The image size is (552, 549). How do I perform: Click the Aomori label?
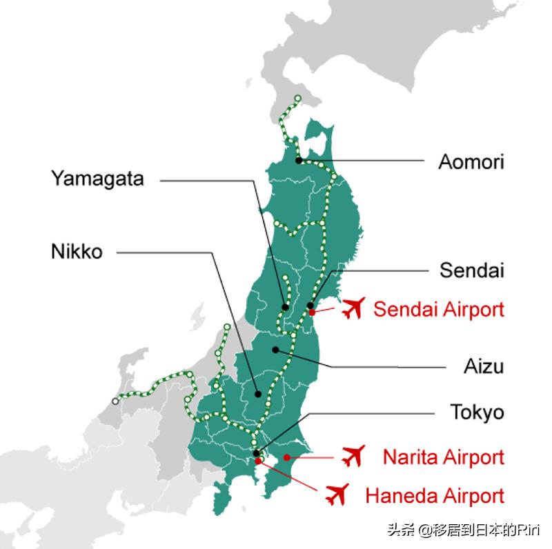[x=471, y=162]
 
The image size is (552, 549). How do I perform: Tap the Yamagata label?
[x=97, y=179]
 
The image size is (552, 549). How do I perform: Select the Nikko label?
[x=77, y=252]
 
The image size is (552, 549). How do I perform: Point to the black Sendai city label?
[x=472, y=270]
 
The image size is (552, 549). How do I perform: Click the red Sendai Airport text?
[x=439, y=309]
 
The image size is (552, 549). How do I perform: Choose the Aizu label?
[x=484, y=366]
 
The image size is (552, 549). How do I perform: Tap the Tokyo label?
[x=477, y=412]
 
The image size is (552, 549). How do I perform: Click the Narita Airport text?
[x=444, y=457]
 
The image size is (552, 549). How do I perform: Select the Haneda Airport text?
[x=435, y=495]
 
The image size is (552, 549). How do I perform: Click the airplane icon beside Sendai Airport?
[x=353, y=308]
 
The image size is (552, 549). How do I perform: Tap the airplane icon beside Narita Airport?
[x=353, y=455]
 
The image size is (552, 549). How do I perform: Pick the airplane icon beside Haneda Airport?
[x=336, y=494]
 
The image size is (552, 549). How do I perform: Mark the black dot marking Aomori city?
[x=298, y=161]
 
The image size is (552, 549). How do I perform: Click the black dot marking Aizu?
[x=276, y=350]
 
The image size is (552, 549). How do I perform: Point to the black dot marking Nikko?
[x=257, y=395]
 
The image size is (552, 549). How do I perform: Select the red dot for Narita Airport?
[x=288, y=457]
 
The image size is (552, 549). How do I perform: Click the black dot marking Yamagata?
[x=285, y=307]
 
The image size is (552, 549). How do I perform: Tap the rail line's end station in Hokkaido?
[x=297, y=98]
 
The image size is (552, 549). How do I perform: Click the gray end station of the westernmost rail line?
[x=115, y=401]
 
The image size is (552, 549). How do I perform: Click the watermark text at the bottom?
[x=464, y=530]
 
